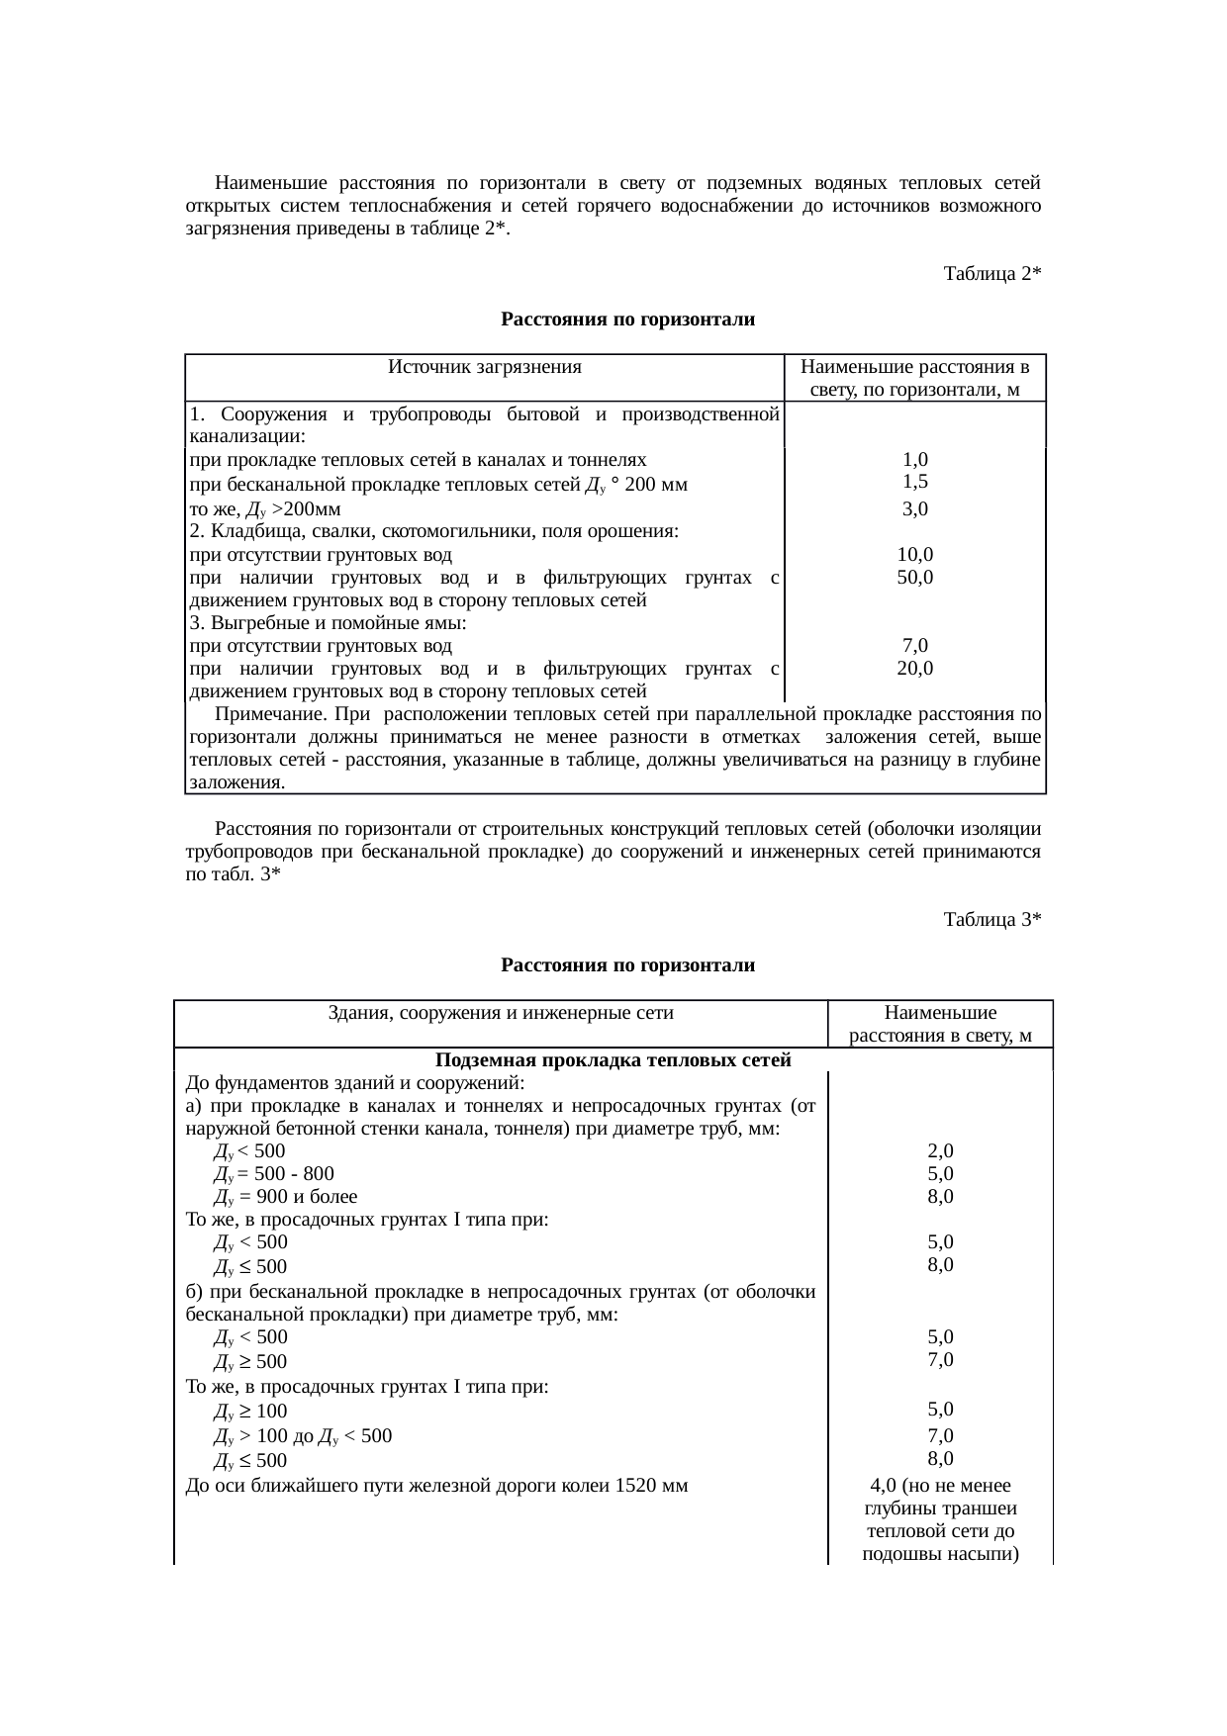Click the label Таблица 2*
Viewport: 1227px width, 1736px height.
[x=991, y=273]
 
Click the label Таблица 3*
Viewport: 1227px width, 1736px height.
[x=991, y=919]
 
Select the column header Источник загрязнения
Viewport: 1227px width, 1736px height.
[x=484, y=367]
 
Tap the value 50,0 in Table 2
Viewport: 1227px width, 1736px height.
[x=914, y=577]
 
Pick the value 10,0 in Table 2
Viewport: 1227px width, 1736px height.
[x=914, y=554]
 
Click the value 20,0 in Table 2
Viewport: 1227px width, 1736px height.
[x=914, y=668]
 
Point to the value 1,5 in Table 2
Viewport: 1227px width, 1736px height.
[x=914, y=482]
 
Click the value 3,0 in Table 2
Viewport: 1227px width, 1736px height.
[x=914, y=508]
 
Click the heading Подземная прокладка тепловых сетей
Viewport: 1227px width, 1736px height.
[x=613, y=1060]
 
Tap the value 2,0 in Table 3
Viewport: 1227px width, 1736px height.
[x=940, y=1150]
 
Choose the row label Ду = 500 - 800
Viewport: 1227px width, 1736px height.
[x=274, y=1173]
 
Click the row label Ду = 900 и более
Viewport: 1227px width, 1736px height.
[x=279, y=1196]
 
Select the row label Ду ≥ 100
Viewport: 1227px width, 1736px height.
[x=250, y=1411]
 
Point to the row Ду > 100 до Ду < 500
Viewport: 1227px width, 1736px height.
[x=303, y=1435]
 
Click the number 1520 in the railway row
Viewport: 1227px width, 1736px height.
[x=637, y=1485]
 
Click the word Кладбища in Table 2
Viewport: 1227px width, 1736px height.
[x=249, y=531]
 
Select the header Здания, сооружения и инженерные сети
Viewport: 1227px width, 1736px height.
[x=500, y=1012]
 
